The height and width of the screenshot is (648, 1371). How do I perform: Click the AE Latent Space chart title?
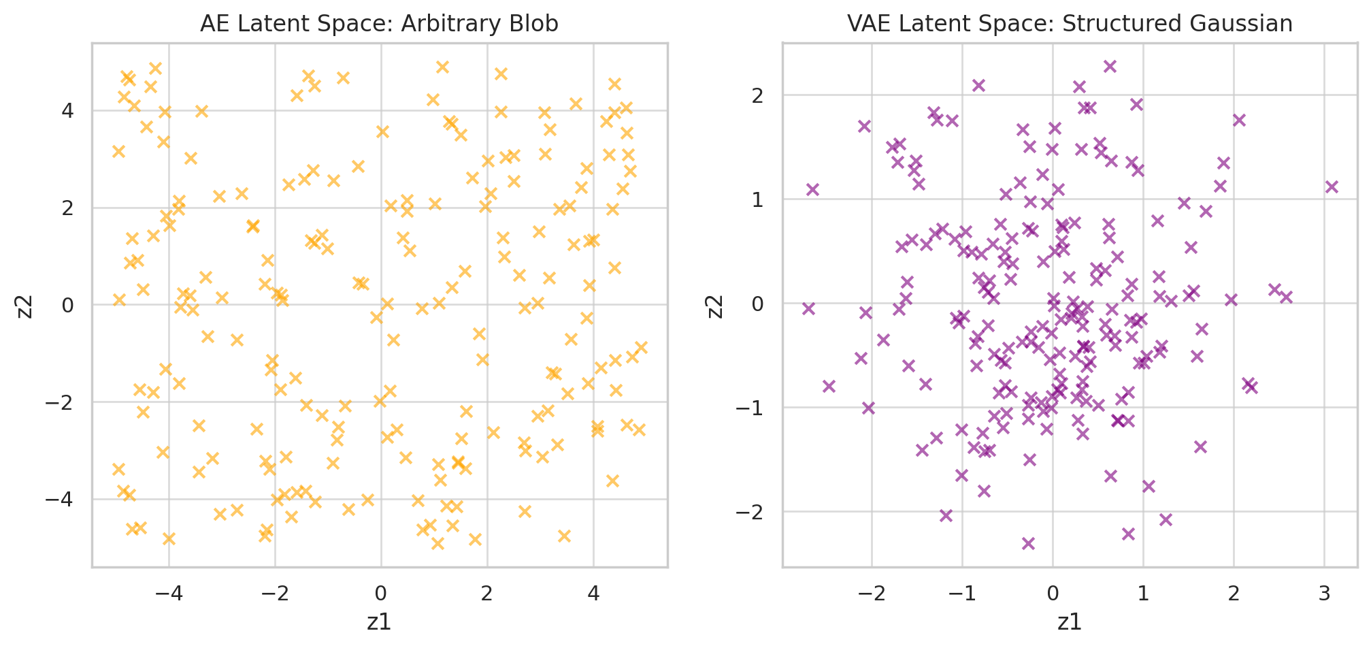379,24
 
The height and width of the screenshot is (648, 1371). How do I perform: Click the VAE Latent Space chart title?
1070,24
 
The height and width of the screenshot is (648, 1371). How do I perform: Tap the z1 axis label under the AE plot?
379,621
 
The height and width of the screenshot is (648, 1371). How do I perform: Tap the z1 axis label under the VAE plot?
1070,621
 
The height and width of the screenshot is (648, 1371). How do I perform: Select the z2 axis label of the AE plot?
24,305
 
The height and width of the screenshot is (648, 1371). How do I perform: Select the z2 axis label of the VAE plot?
714,305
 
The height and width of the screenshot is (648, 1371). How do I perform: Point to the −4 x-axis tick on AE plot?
169,594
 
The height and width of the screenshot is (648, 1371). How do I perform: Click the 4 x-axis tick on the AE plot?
593,594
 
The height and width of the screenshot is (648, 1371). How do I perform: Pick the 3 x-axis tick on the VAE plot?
1323,594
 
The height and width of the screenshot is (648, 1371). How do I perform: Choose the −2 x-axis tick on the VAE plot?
872,594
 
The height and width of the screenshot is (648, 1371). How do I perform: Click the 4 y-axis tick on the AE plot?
68,111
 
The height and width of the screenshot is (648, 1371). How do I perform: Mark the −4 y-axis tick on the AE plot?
63,500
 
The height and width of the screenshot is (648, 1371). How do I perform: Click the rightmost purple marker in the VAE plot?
1332,187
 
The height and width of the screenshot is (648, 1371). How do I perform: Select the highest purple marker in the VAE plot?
1110,66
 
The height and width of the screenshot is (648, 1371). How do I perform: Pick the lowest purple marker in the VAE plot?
1028,543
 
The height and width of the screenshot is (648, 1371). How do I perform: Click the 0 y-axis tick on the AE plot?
68,305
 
